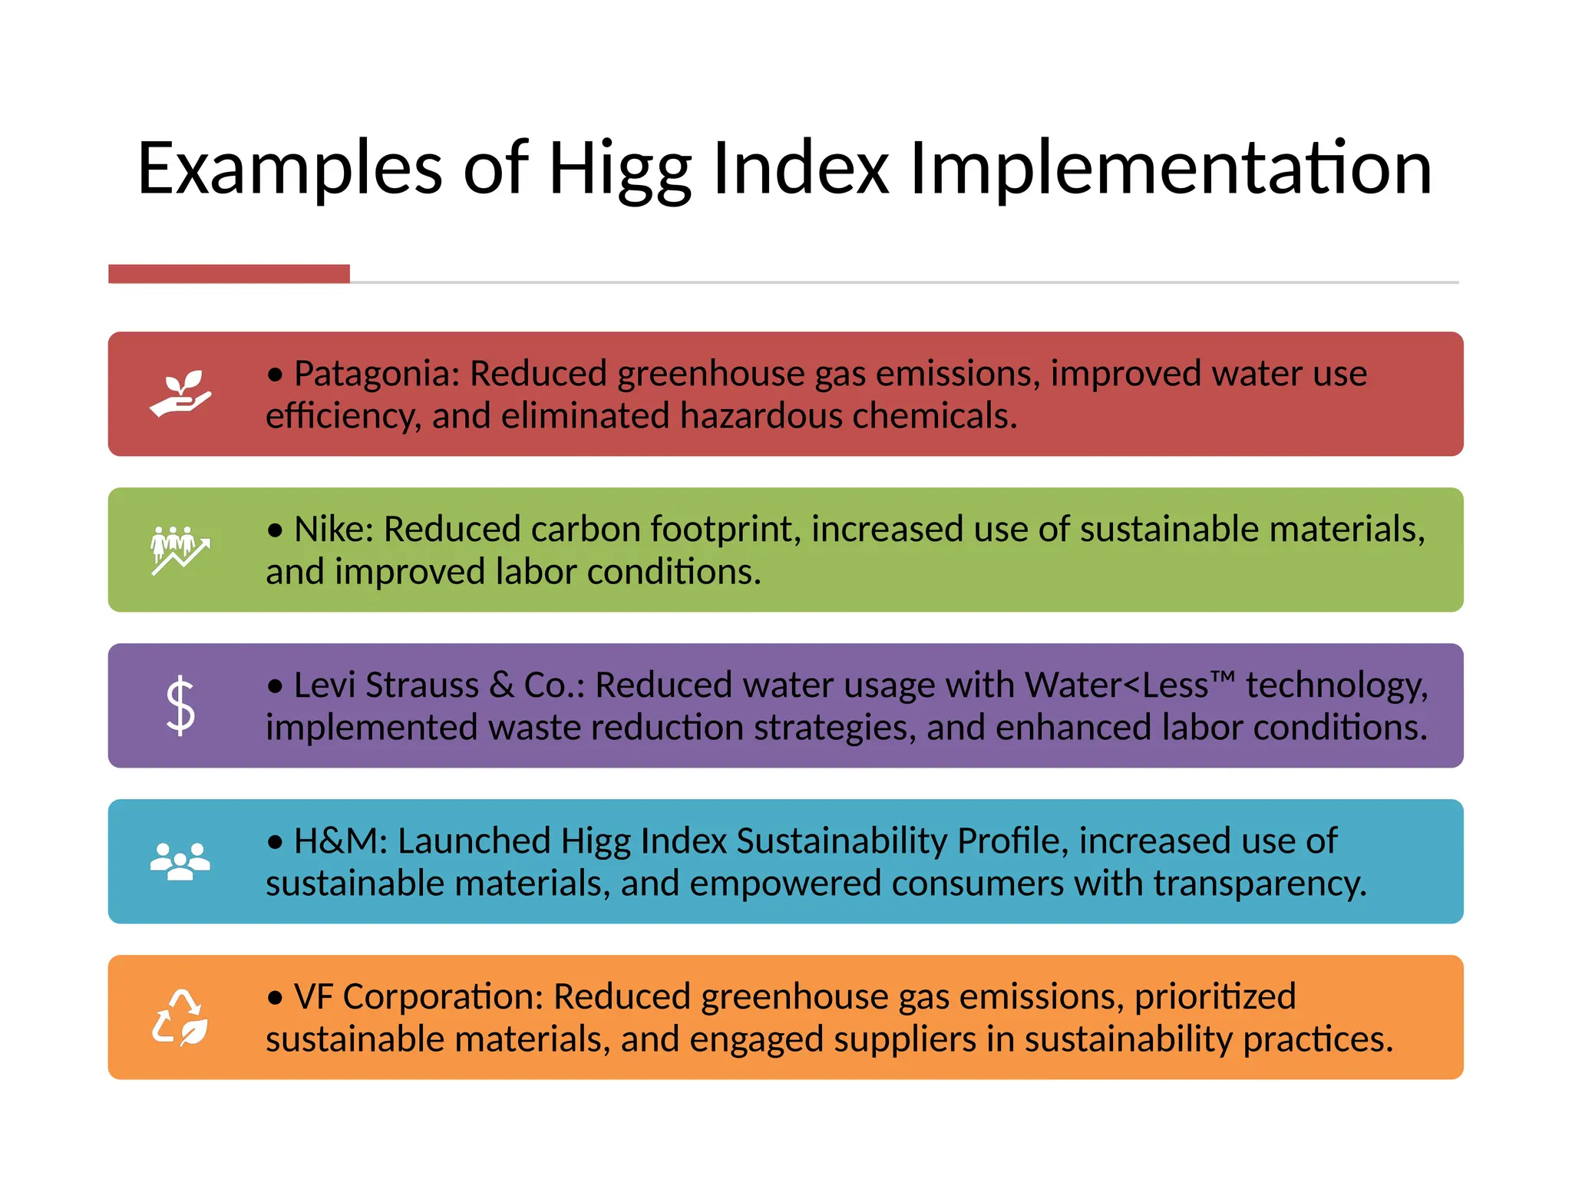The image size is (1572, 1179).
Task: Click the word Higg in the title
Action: tap(619, 169)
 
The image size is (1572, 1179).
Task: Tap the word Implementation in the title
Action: tap(1170, 169)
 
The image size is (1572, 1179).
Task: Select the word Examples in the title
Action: tap(290, 169)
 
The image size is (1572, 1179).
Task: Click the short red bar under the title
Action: tap(229, 274)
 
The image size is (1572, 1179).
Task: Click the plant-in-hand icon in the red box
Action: tap(180, 394)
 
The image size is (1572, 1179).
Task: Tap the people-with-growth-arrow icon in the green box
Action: tap(180, 550)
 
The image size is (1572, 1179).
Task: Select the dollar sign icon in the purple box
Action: tap(180, 705)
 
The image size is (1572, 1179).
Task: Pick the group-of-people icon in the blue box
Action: tap(180, 861)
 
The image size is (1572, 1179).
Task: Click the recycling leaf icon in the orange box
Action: tap(180, 1018)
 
